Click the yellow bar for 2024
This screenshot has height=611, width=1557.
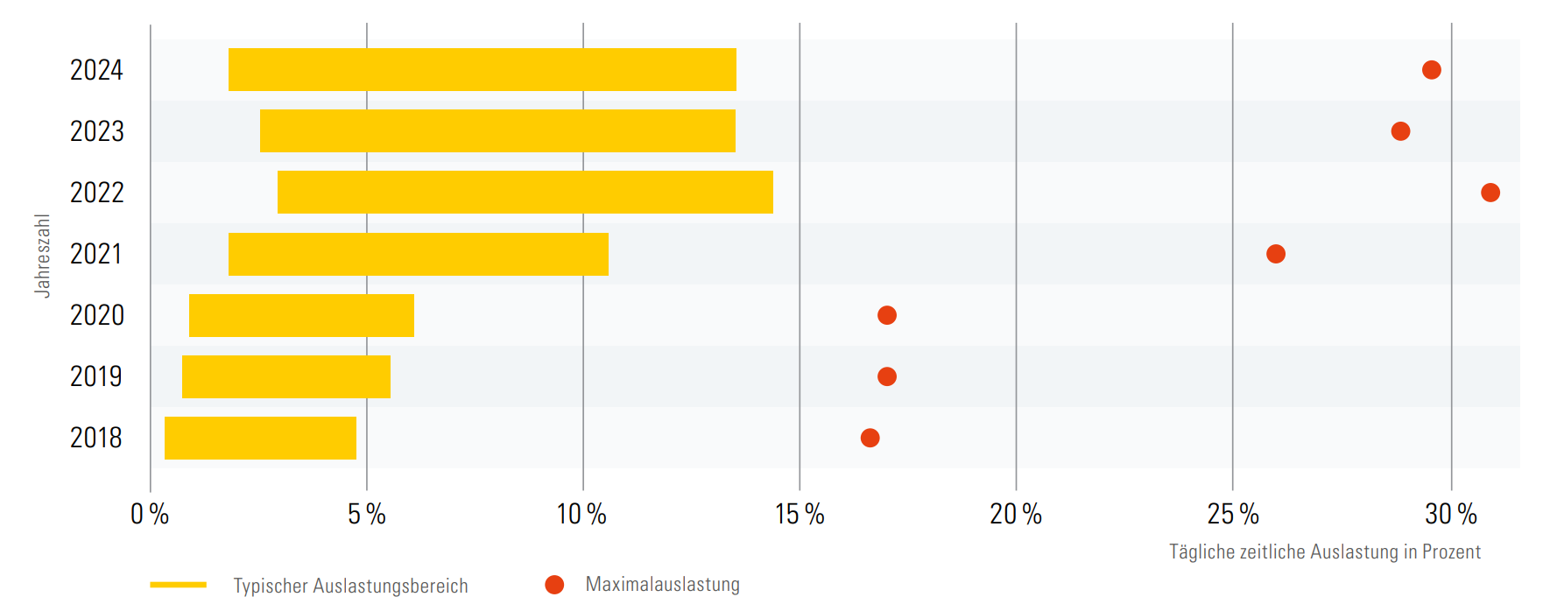click(482, 70)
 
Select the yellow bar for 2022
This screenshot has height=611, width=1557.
click(525, 193)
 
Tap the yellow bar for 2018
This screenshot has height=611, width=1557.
click(260, 438)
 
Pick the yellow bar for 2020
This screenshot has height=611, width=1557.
click(301, 315)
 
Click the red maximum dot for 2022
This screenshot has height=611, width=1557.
click(1490, 193)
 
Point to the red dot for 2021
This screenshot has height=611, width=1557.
click(1275, 254)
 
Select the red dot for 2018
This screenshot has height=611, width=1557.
click(870, 438)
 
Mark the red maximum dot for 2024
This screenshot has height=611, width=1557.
click(1431, 70)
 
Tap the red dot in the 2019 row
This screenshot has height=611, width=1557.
click(886, 376)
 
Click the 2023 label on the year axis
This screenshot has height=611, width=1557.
click(97, 131)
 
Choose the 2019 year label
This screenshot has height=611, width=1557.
click(96, 376)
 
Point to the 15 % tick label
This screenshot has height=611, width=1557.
click(800, 514)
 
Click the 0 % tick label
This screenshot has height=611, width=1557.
click(150, 514)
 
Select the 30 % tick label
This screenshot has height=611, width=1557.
click(1450, 514)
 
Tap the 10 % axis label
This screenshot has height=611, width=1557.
click(581, 514)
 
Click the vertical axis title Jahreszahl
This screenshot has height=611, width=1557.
click(42, 255)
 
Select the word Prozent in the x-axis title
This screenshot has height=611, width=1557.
click(1451, 551)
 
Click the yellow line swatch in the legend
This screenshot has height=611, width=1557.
click(178, 585)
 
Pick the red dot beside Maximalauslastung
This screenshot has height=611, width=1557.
click(554, 585)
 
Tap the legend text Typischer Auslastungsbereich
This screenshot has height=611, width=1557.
click(350, 586)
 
